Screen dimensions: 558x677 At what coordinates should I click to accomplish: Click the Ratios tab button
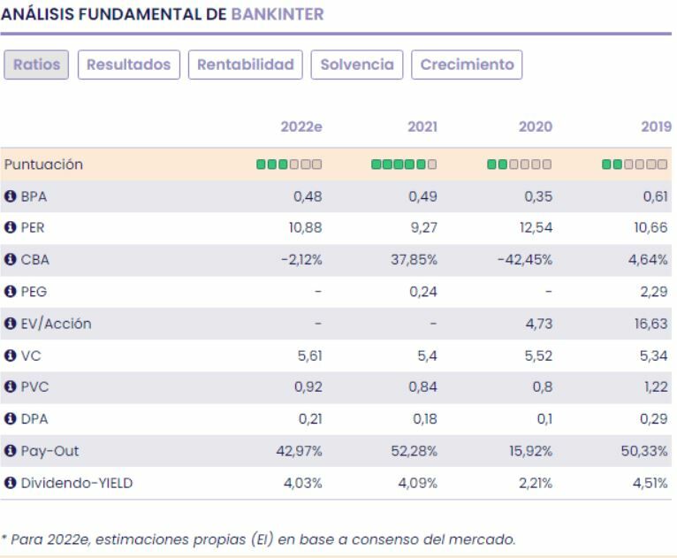click(x=36, y=65)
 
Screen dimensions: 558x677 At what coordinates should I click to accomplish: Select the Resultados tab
click(x=129, y=65)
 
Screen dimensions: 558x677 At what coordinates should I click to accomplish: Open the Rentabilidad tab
click(x=246, y=65)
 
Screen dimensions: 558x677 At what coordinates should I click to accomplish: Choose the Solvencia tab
click(x=357, y=65)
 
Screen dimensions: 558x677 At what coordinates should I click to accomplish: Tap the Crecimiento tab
click(x=467, y=65)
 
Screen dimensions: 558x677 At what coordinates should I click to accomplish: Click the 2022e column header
click(x=300, y=126)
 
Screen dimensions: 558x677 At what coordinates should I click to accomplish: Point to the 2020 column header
click(x=535, y=126)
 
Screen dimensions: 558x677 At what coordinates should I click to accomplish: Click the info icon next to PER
click(x=11, y=228)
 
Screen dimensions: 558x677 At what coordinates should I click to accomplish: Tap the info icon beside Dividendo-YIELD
click(x=11, y=483)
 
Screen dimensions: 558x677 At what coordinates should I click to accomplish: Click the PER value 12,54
click(x=535, y=228)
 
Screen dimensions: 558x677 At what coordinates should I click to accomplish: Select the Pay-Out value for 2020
click(x=531, y=451)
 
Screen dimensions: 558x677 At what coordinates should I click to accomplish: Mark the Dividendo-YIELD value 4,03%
click(x=303, y=483)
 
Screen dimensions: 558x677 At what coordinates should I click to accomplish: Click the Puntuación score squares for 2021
click(x=404, y=164)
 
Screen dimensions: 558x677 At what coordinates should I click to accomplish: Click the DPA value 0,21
click(x=308, y=419)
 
